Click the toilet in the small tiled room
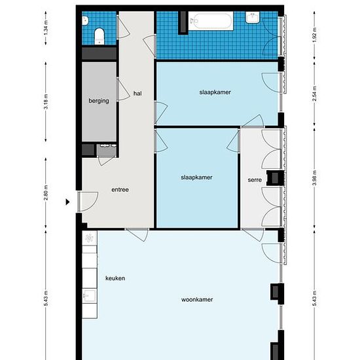[x=99, y=36]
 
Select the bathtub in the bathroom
[x=211, y=21]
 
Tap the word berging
[x=99, y=101]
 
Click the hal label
[x=137, y=94]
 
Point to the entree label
[x=120, y=190]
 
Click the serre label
[x=255, y=180]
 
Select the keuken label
[x=115, y=278]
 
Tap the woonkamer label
[x=197, y=300]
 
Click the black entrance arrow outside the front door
[x=67, y=202]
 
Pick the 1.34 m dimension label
[x=46, y=27]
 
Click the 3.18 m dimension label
[x=46, y=101]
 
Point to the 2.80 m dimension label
[x=46, y=192]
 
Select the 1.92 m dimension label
[x=315, y=35]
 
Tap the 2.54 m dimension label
[x=315, y=94]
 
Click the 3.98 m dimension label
[x=315, y=178]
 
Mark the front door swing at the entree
[x=88, y=202]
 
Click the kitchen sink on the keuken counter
[x=89, y=296]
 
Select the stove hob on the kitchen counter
[x=89, y=238]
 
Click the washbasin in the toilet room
[x=85, y=21]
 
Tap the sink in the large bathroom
[x=253, y=17]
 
